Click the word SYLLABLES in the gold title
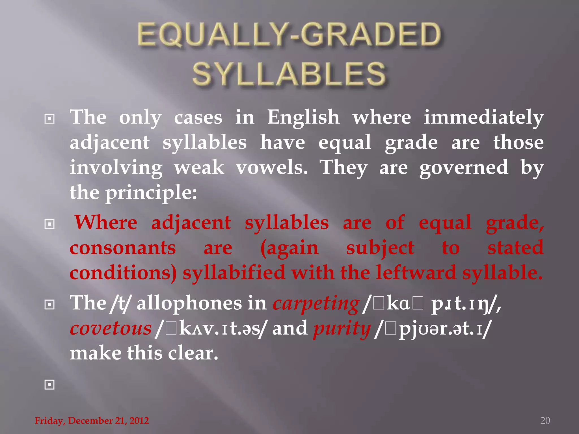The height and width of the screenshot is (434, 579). click(x=289, y=74)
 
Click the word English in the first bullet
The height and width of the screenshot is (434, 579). click(x=303, y=118)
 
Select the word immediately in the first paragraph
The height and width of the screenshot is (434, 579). click(x=483, y=118)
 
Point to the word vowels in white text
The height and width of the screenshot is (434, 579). click(x=272, y=168)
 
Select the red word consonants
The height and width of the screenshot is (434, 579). click(x=123, y=248)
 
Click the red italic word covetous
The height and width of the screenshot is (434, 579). click(x=111, y=328)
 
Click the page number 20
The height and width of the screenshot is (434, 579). click(x=545, y=420)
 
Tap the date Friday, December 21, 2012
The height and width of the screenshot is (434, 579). click(x=92, y=420)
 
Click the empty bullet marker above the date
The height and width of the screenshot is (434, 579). click(x=49, y=385)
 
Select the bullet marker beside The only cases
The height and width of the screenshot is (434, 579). click(x=49, y=119)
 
